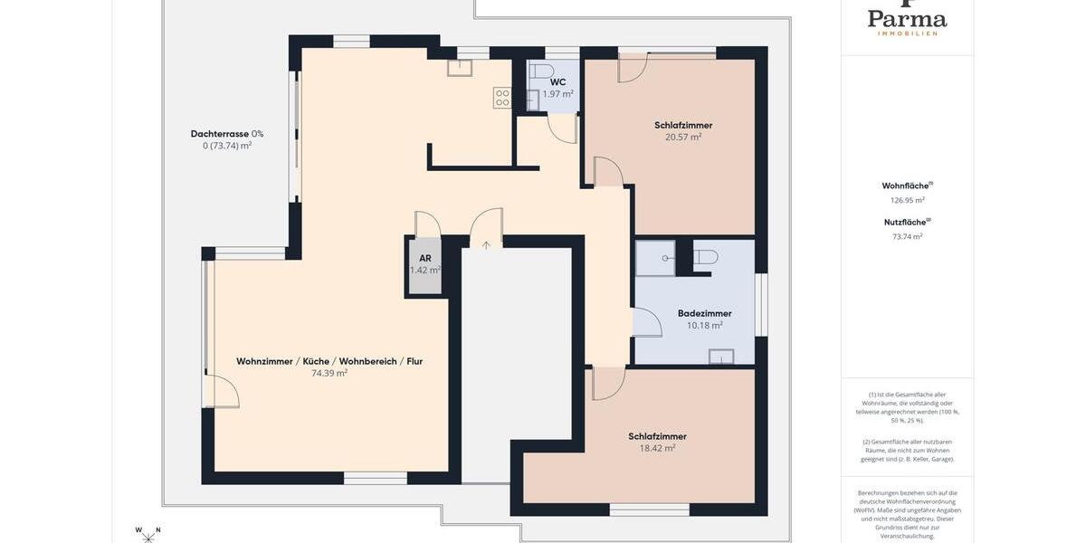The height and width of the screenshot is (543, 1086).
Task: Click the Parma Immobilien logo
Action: [907, 18]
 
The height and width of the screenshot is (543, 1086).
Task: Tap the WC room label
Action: [557, 82]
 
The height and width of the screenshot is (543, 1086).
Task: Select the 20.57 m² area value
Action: [683, 138]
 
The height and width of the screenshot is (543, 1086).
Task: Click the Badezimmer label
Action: [704, 313]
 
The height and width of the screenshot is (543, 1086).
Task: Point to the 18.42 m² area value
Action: [657, 448]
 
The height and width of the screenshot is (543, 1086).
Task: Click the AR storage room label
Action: [424, 258]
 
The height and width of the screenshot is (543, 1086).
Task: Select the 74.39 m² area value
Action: [329, 373]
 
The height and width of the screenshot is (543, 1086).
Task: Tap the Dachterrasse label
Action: [219, 134]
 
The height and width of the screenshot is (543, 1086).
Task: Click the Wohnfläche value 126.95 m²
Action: [907, 201]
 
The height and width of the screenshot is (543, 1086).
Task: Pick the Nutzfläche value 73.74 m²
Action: [907, 237]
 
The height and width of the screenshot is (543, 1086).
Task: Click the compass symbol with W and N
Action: [148, 535]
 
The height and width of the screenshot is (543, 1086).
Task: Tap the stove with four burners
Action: [502, 98]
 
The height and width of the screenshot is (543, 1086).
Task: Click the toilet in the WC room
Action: [542, 71]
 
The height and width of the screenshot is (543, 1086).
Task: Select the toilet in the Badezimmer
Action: [705, 257]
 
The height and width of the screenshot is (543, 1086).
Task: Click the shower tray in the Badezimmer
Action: [654, 258]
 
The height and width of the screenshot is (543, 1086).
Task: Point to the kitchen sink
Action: [459, 68]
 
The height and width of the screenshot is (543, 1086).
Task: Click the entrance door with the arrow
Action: [486, 230]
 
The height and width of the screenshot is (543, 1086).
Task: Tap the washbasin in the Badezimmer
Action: [720, 356]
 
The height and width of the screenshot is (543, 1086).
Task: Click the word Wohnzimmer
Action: [264, 361]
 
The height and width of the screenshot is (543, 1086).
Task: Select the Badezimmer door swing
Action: [646, 323]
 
